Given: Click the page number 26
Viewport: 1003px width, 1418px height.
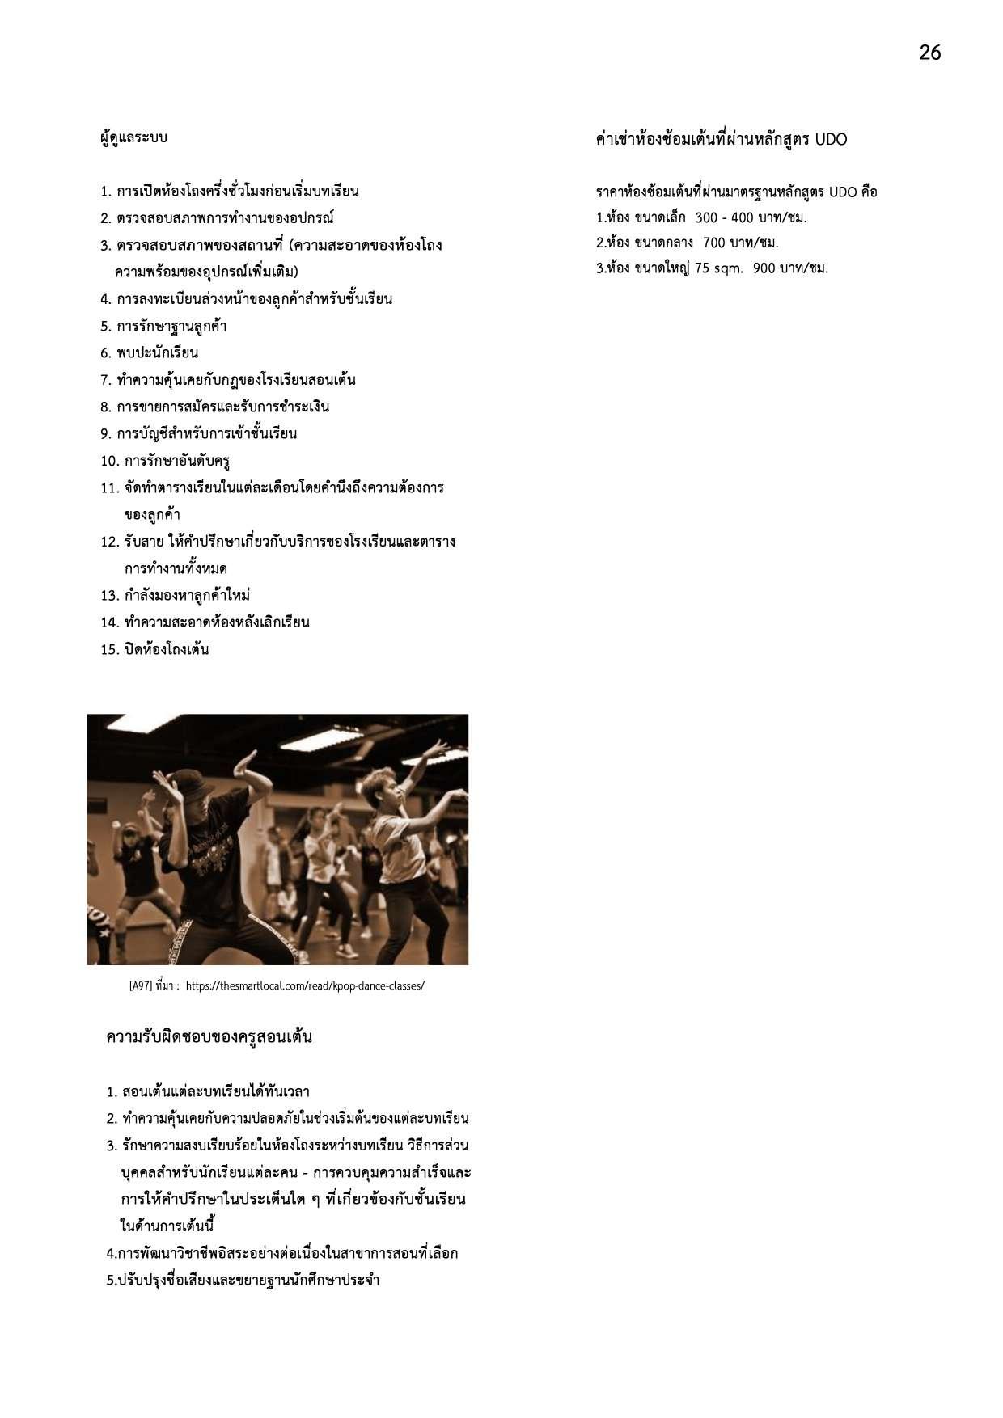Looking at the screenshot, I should pyautogui.click(x=929, y=53).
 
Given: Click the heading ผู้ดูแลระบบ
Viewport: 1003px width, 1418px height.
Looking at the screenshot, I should pyautogui.click(x=133, y=137).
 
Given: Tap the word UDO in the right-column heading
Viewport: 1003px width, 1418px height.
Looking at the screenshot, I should pyautogui.click(x=831, y=140).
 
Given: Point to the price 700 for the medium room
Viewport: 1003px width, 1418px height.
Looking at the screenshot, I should pyautogui.click(x=715, y=243).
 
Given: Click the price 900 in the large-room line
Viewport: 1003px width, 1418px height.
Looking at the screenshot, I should pyautogui.click(x=764, y=268).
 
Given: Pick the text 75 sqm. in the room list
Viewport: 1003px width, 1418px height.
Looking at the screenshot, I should pyautogui.click(x=718, y=268).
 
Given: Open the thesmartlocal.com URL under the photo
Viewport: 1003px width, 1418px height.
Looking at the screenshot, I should pyautogui.click(x=305, y=986).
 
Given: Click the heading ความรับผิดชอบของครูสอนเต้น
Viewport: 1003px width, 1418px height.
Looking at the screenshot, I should pyautogui.click(x=209, y=1037).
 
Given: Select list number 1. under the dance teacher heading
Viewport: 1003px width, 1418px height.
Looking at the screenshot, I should pyautogui.click(x=112, y=1093).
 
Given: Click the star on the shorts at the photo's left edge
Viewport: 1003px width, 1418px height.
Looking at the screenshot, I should pyautogui.click(x=104, y=933).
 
